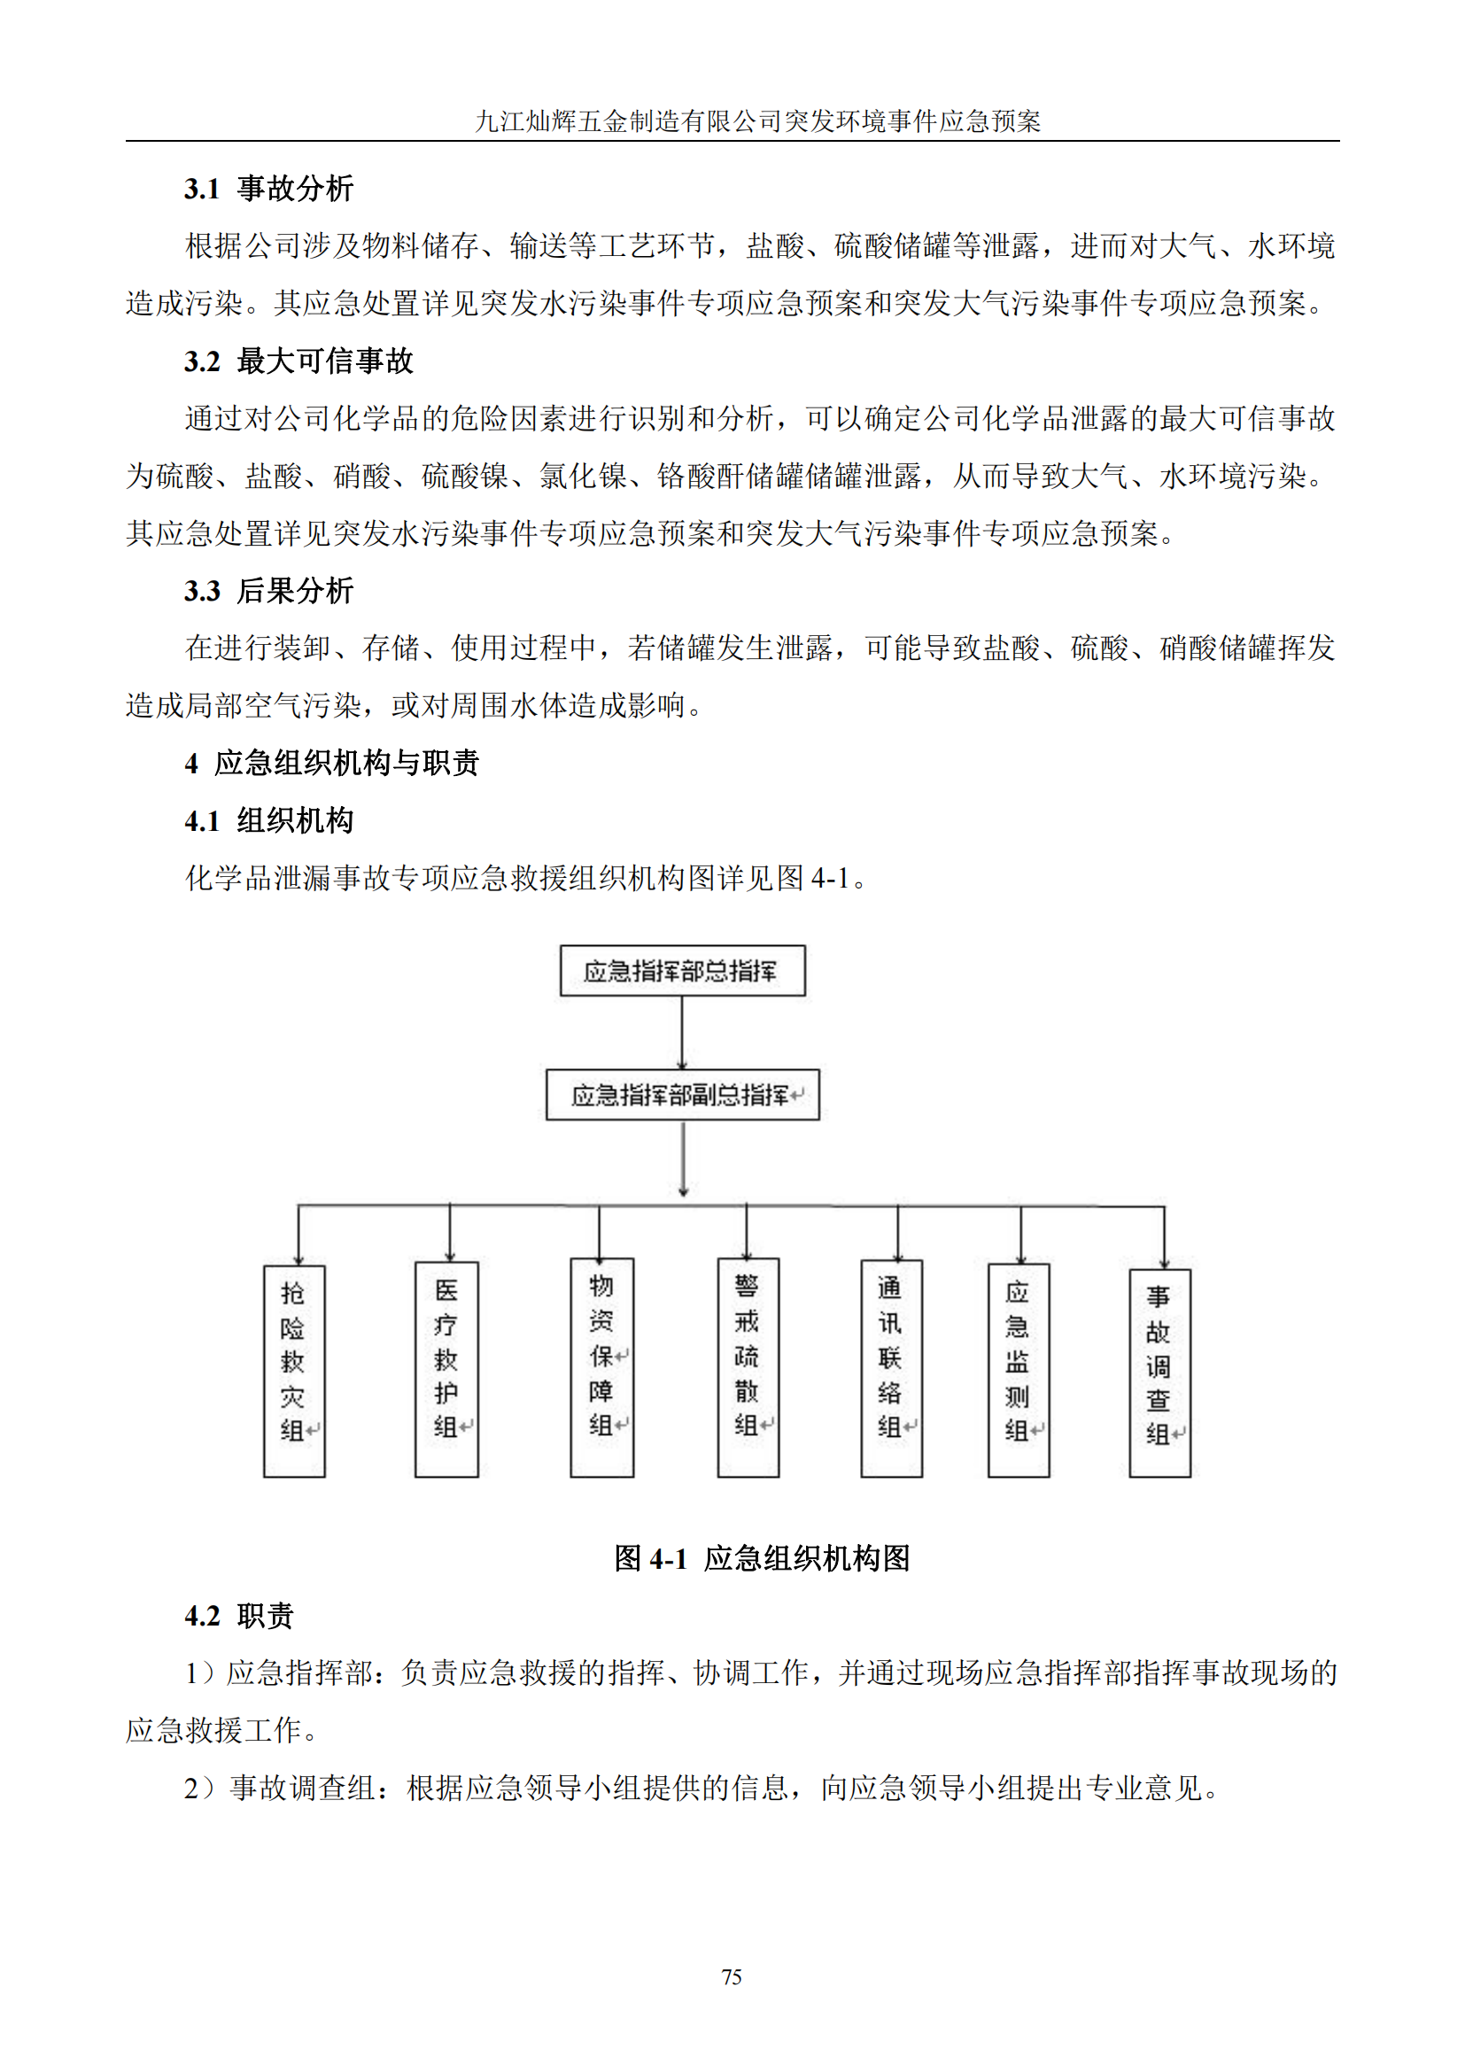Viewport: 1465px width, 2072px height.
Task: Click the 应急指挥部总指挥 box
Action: point(682,970)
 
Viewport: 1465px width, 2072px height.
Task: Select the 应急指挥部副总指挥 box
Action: point(682,1095)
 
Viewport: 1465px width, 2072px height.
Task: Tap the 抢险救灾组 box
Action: point(294,1370)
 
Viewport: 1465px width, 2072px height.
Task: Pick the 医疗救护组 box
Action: point(446,1368)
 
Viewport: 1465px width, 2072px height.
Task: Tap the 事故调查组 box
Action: point(1160,1371)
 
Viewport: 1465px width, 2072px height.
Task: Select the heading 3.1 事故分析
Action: point(269,189)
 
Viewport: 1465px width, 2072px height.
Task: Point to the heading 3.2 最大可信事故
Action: point(298,361)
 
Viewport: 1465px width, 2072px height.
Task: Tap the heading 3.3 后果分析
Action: point(269,590)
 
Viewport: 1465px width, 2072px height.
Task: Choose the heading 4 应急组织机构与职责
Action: point(331,763)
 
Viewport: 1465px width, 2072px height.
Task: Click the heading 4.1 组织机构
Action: point(269,820)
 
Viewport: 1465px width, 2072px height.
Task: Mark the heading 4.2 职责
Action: point(239,1616)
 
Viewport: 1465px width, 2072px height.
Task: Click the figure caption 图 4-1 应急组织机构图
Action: point(763,1557)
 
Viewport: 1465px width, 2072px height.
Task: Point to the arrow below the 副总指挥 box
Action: point(683,1160)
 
